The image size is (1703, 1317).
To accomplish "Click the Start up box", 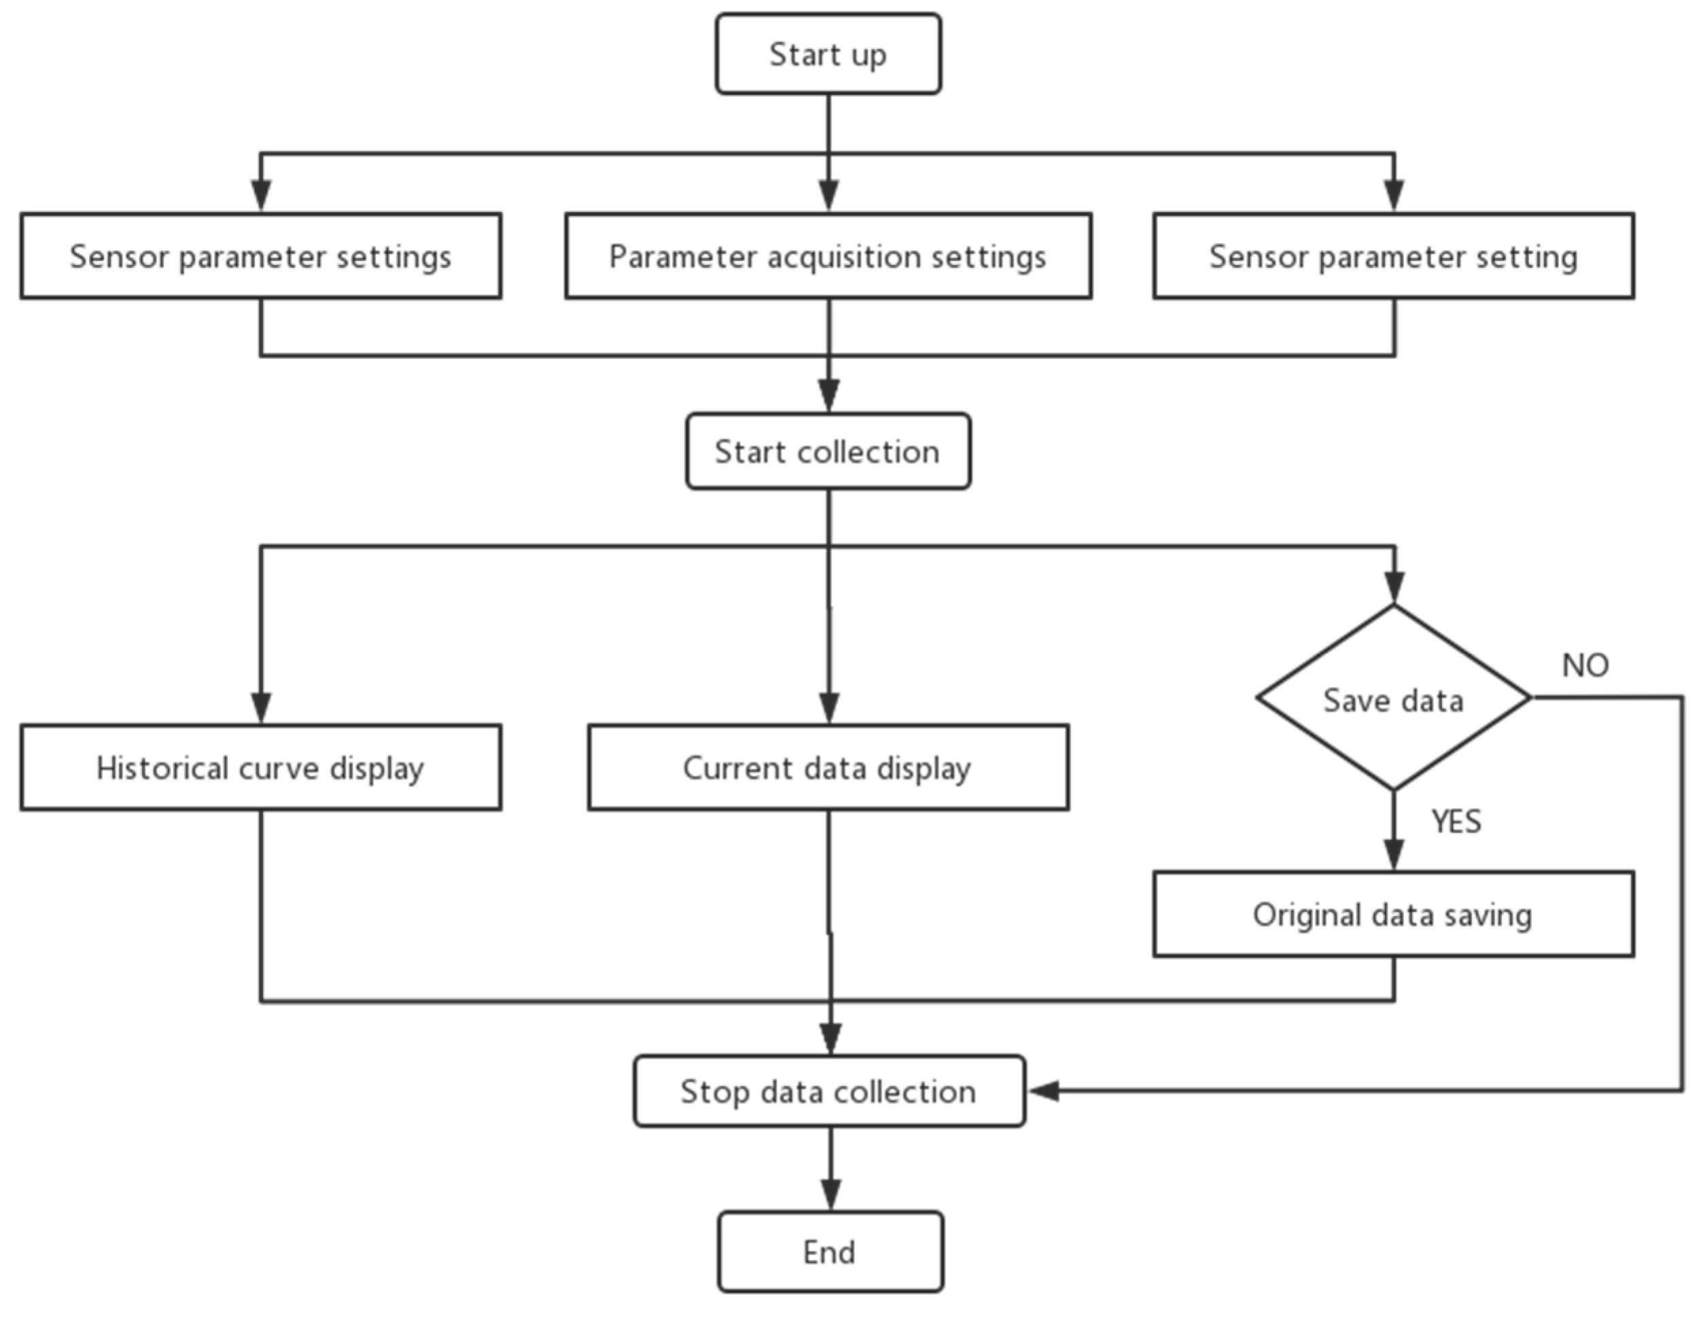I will pos(828,54).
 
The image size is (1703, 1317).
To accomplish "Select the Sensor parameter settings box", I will pos(260,256).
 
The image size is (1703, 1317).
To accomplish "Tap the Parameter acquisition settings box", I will pos(828,256).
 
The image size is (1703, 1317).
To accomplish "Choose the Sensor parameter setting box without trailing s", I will pos(1393,256).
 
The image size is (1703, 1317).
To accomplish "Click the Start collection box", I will pos(828,451).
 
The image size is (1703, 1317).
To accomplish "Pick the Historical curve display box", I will pos(260,768).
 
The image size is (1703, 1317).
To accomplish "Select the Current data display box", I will pos(828,768).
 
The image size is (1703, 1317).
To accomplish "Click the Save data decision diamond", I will pos(1393,699).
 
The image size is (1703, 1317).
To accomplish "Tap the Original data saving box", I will pos(1393,915).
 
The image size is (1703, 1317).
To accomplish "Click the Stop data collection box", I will pos(829,1091).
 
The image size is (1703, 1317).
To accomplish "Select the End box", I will pos(830,1252).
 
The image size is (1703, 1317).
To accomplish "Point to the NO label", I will pos(1585,665).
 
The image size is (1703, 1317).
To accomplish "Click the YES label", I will pos(1456,822).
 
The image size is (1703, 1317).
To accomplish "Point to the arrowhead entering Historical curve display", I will pos(261,707).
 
